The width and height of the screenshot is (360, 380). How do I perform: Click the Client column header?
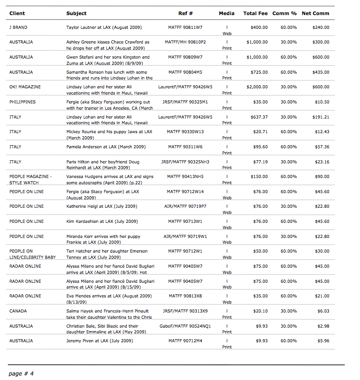17,13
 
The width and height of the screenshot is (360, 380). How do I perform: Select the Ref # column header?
185,13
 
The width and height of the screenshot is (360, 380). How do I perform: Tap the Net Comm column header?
315,13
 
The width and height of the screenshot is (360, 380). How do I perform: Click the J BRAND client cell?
18,28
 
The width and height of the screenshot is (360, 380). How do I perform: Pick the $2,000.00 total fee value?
257,87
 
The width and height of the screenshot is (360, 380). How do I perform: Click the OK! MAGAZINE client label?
25,87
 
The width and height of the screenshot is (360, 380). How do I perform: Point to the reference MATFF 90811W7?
185,28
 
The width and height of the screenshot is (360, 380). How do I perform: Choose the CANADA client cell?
18,311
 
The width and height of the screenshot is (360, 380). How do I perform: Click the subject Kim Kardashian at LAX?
102,222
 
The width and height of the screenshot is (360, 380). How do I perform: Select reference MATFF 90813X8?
185,296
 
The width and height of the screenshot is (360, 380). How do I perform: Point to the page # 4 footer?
21,373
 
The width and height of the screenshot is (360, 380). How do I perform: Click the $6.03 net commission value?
323,311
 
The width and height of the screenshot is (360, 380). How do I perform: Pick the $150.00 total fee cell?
259,177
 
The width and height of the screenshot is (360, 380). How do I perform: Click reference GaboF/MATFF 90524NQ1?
185,326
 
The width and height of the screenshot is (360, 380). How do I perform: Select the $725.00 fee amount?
259,72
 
